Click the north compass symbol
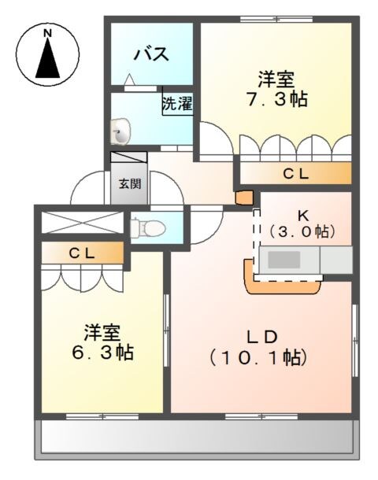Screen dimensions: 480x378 click(x=47, y=54)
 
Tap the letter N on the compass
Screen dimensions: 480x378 click(x=47, y=33)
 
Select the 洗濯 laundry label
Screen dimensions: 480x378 click(x=177, y=104)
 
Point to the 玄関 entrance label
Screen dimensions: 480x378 click(x=130, y=184)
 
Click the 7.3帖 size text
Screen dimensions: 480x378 click(x=276, y=100)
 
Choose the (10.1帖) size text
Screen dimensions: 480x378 click(x=258, y=357)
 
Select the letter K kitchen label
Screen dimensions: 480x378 click(x=302, y=215)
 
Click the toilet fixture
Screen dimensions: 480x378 click(x=148, y=228)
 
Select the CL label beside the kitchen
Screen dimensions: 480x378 click(x=295, y=174)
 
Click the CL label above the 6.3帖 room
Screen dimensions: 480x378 click(x=81, y=253)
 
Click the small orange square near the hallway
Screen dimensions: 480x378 click(x=244, y=198)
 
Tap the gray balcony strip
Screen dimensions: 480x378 click(x=197, y=438)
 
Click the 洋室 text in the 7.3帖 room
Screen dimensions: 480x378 click(x=276, y=79)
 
